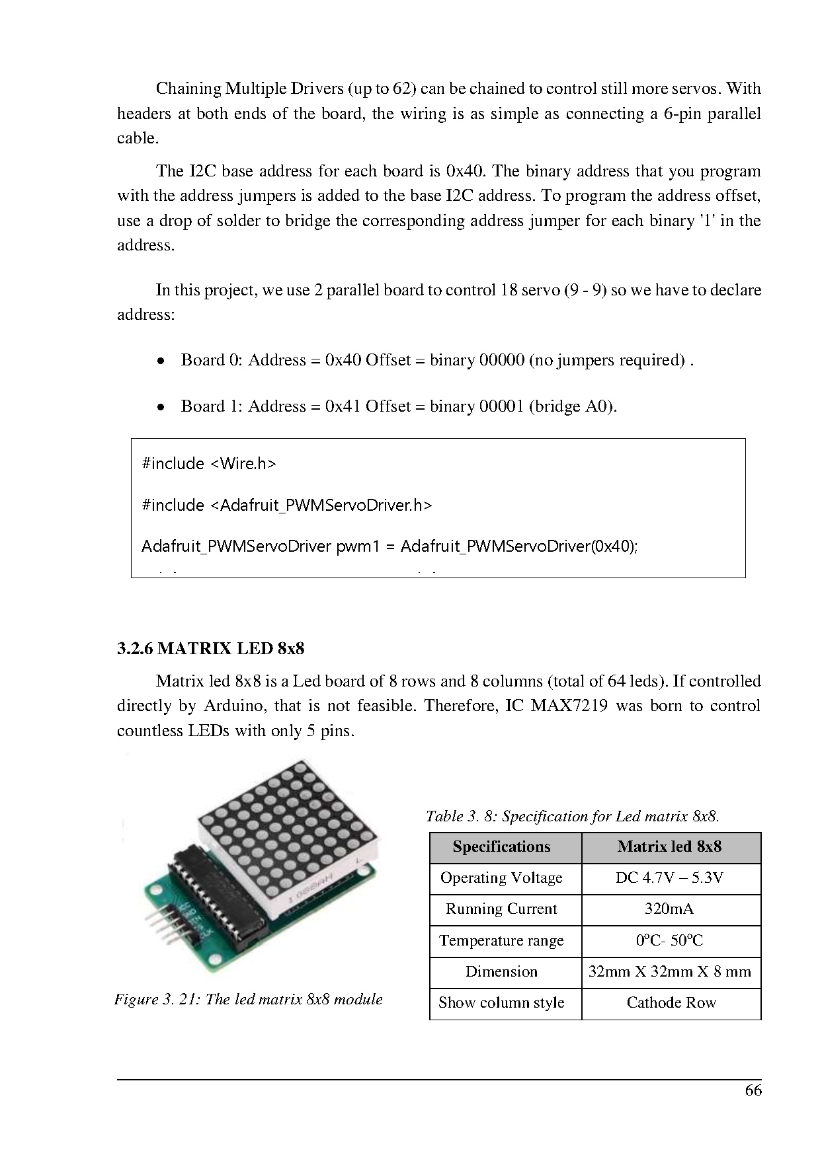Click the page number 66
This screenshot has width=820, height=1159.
(753, 1090)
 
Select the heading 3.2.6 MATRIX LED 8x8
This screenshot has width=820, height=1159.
(210, 648)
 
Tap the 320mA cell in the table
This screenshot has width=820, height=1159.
(669, 909)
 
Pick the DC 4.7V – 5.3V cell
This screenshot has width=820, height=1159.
(669, 878)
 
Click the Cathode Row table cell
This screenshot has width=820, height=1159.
(671, 1003)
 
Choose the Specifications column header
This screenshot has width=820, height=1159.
(501, 847)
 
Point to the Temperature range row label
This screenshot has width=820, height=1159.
(501, 940)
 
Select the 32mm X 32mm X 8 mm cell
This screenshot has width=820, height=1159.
(669, 972)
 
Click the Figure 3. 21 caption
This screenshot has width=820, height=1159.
(249, 999)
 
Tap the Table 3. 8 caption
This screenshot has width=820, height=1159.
(572, 817)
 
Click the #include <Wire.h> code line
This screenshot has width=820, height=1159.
(209, 464)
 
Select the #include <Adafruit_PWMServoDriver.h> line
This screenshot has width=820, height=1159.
(287, 505)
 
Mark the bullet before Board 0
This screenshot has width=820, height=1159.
(161, 361)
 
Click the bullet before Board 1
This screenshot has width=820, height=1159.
(161, 408)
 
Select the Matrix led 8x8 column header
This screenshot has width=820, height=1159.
(669, 847)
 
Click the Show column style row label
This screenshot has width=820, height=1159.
(501, 1003)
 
